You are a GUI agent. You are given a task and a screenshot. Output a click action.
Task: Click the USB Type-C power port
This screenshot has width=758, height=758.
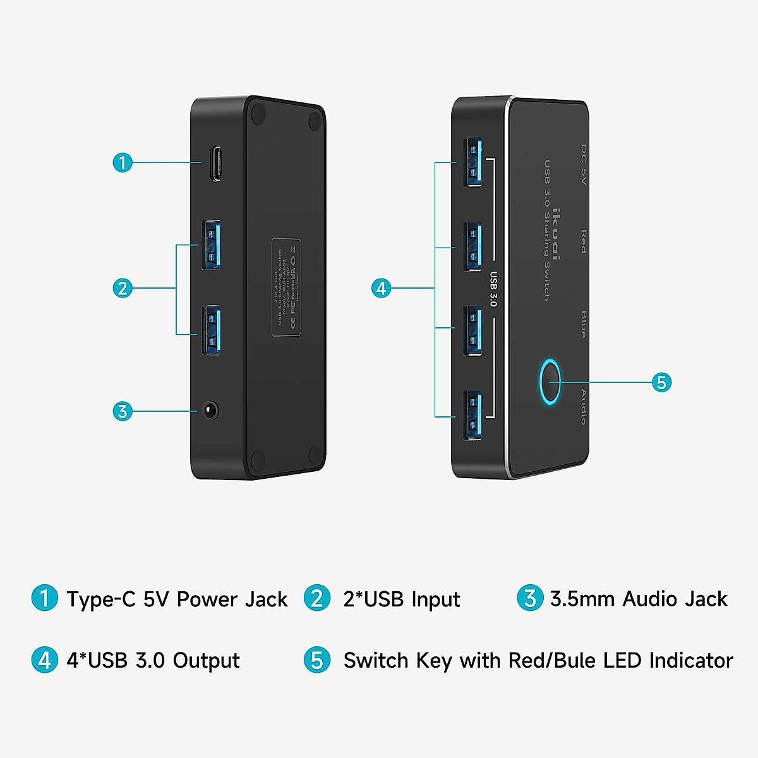coord(216,164)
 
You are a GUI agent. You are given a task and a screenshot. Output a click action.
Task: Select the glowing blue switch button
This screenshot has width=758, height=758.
coord(550,382)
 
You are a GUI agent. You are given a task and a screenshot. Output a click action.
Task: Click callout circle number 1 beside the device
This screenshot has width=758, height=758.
coord(123,162)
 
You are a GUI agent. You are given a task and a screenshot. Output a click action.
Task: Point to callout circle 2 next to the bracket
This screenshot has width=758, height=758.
coord(123,288)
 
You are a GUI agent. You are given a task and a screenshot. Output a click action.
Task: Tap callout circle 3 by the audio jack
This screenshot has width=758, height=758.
coord(123,411)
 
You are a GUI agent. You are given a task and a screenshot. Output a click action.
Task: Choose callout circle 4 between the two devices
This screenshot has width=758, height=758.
coord(381,288)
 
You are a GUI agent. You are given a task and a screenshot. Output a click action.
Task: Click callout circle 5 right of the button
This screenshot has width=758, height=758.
coord(661,382)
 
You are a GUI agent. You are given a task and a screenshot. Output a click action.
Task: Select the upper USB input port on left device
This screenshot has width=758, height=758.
coord(212,244)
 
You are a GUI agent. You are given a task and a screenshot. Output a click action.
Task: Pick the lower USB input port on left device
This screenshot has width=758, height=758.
coord(212,330)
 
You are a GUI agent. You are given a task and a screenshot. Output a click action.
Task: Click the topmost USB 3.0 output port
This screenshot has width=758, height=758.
coord(473,162)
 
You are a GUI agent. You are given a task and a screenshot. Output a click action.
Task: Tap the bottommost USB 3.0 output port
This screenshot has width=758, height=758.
coord(473,415)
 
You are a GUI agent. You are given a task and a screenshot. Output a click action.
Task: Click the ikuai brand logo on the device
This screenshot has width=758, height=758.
coord(555,234)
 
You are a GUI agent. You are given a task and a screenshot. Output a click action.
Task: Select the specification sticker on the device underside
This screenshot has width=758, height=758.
coord(286,287)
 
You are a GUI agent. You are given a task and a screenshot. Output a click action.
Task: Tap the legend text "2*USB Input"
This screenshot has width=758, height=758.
coord(401,599)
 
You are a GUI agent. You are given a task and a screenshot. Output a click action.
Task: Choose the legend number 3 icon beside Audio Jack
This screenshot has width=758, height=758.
coord(530,598)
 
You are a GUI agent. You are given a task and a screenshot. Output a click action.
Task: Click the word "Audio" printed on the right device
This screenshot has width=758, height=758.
coord(583,407)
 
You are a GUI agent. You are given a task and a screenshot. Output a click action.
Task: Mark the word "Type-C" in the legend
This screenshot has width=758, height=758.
coord(101,599)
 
